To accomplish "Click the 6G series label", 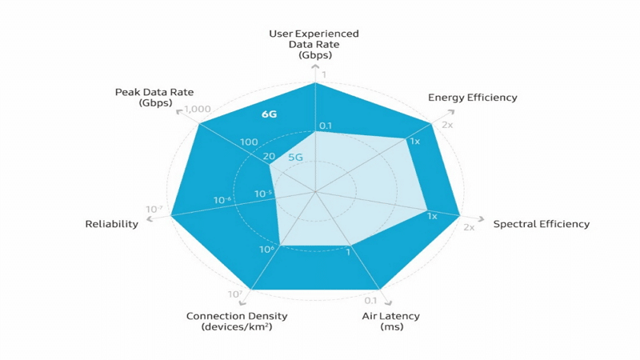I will pos(269,114).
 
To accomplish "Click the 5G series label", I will pos(295,158).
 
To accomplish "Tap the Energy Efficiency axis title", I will pos(472,98).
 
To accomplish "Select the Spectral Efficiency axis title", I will pos(541,224).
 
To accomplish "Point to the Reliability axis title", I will pos(111,224).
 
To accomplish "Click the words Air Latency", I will pos(390,316).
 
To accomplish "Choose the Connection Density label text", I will pos(237,316).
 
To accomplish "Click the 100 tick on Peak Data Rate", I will pos(248,142).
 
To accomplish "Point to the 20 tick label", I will pos(268,156).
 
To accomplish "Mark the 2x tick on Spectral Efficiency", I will pos(469,228).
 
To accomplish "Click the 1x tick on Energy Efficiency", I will pos(414,142).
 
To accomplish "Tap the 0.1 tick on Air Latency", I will pos(370,301).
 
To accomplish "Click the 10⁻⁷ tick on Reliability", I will pos(154,210).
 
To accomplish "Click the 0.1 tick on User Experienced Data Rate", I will pos(326,126).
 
